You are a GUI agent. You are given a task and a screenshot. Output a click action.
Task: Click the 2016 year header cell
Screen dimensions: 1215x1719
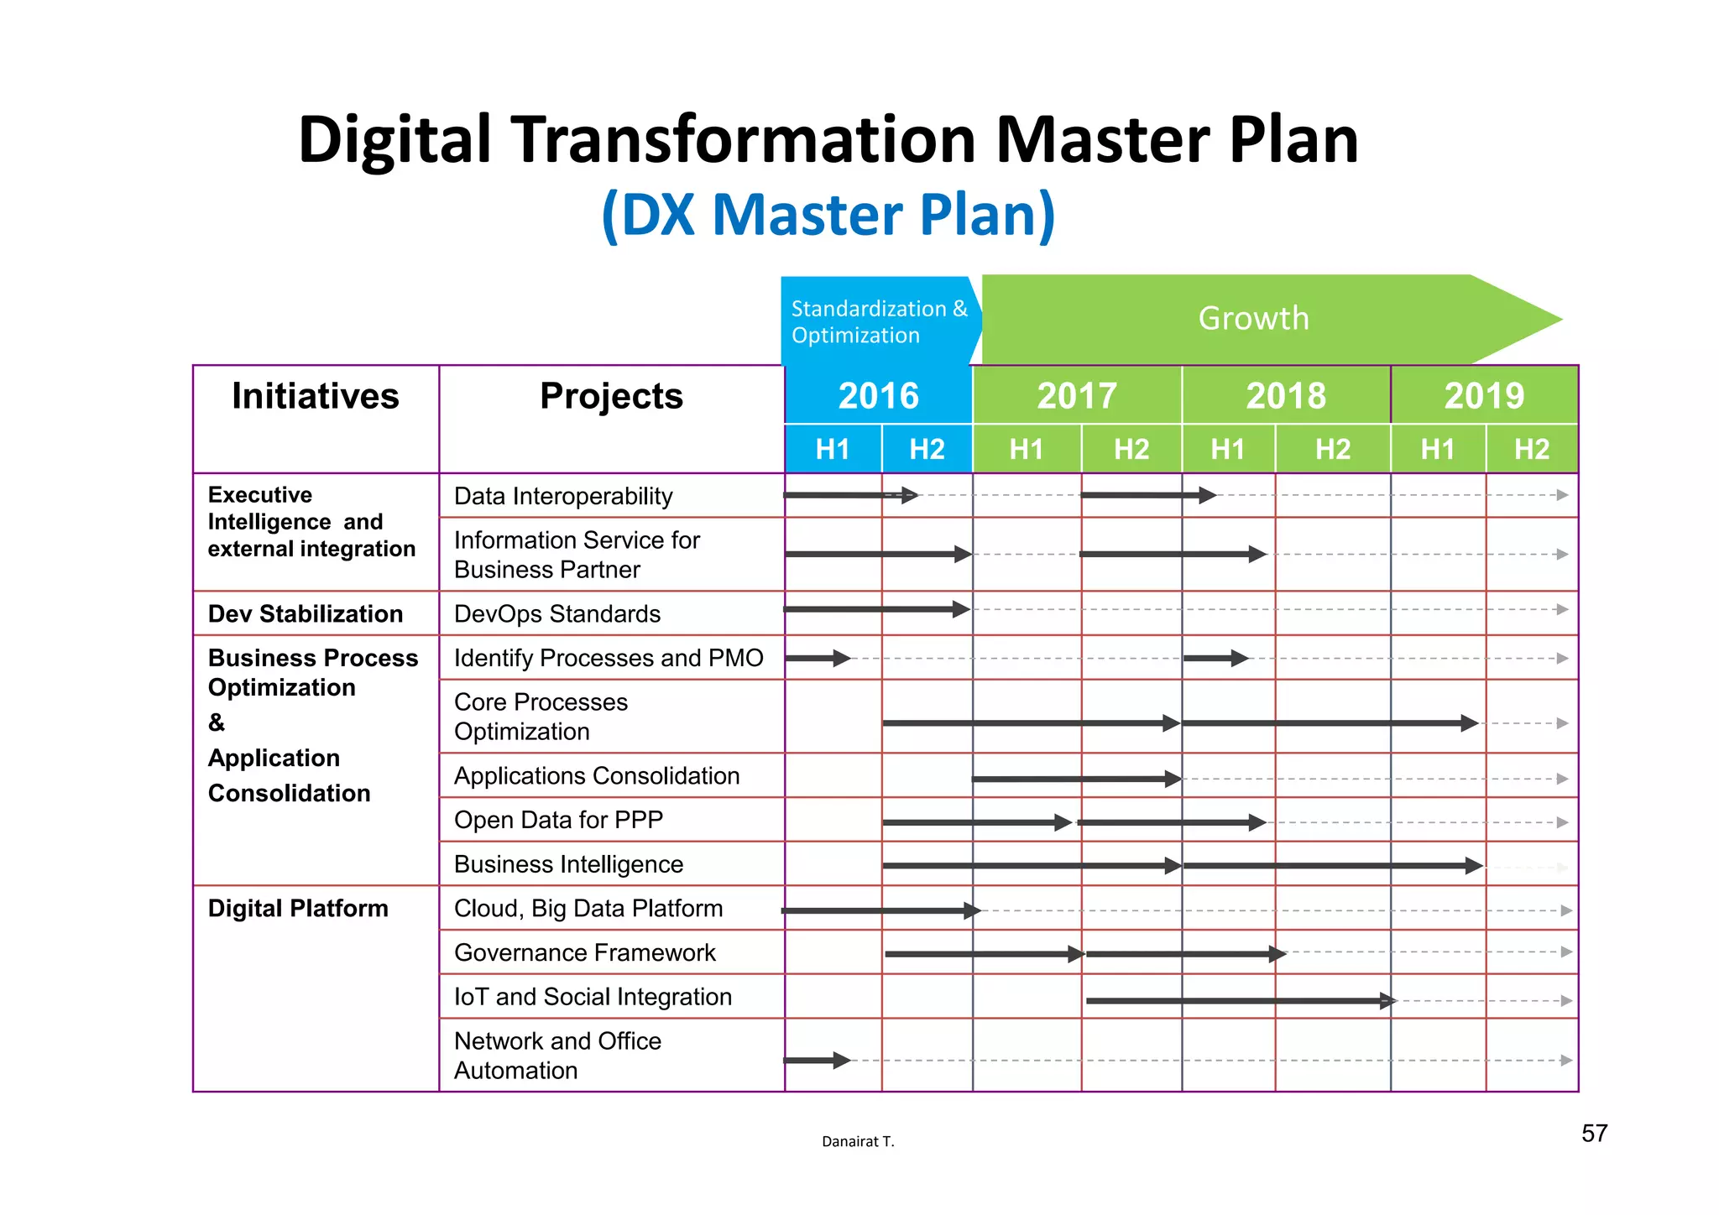pyautogui.click(x=878, y=395)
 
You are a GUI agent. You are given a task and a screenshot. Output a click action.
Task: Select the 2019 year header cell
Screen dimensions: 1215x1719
pyautogui.click(x=1484, y=395)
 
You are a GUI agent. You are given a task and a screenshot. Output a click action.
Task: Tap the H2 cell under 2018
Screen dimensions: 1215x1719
pyautogui.click(x=1332, y=450)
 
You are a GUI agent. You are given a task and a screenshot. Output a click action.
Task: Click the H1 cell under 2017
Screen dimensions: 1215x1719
pyautogui.click(x=1026, y=450)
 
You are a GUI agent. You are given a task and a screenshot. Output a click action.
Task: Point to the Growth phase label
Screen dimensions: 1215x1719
pyautogui.click(x=1253, y=319)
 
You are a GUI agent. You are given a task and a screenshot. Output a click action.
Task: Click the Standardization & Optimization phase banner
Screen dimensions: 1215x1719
pyautogui.click(x=878, y=322)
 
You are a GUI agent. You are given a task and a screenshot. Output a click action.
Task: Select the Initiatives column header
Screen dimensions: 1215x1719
pyautogui.click(x=316, y=396)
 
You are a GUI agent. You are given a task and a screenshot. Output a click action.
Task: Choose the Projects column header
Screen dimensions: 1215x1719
pyautogui.click(x=611, y=396)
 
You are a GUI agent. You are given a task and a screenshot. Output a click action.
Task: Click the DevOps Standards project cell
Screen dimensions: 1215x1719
pyautogui.click(x=557, y=614)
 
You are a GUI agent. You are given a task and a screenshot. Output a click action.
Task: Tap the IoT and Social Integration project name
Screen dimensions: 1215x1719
pyautogui.click(x=593, y=997)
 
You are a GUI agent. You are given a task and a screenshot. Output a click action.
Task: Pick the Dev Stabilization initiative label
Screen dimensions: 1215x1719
pyautogui.click(x=306, y=614)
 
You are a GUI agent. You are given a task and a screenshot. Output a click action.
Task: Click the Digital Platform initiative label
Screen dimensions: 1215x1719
pyautogui.click(x=298, y=909)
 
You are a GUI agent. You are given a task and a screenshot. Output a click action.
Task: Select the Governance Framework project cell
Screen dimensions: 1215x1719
pyautogui.click(x=585, y=953)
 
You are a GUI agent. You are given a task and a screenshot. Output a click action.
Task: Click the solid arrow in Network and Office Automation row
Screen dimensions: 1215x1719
pyautogui.click(x=817, y=1061)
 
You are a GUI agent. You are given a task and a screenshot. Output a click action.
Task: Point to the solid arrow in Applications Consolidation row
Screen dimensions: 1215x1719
pyautogui.click(x=1076, y=780)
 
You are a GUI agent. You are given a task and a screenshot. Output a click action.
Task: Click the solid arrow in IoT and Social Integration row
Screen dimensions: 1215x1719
pyautogui.click(x=1241, y=1000)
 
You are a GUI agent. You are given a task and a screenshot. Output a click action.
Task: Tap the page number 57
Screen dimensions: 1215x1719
pyautogui.click(x=1594, y=1134)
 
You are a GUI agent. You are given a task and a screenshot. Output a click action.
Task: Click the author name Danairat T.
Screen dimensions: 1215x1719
pyautogui.click(x=858, y=1141)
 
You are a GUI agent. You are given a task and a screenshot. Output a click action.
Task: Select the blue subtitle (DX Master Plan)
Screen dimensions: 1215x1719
pyautogui.click(x=828, y=215)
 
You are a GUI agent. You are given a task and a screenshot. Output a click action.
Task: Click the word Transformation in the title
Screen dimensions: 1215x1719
pyautogui.click(x=745, y=139)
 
